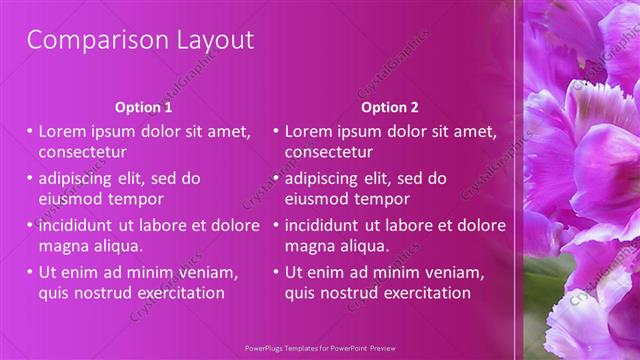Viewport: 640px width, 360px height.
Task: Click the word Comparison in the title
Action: [x=86, y=41]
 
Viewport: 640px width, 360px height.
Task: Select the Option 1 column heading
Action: [x=143, y=107]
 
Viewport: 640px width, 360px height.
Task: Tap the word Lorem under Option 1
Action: [x=62, y=131]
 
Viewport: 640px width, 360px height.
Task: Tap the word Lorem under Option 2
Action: [x=308, y=131]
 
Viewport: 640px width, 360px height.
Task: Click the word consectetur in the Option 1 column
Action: [x=82, y=152]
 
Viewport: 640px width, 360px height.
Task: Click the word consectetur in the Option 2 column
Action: [x=328, y=152]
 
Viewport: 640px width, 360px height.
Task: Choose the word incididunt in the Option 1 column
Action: [x=79, y=225]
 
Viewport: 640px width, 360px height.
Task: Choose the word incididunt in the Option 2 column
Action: [x=325, y=225]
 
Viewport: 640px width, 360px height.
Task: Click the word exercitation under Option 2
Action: [x=424, y=293]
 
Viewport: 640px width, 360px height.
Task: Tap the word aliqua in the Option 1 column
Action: [x=118, y=245]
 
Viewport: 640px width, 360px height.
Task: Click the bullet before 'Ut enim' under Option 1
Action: [x=30, y=272]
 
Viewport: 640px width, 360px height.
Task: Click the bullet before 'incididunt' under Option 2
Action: [x=276, y=225]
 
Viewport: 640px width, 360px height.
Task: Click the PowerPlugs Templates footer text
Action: [x=319, y=349]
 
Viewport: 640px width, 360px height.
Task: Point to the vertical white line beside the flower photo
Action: [x=516, y=180]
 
